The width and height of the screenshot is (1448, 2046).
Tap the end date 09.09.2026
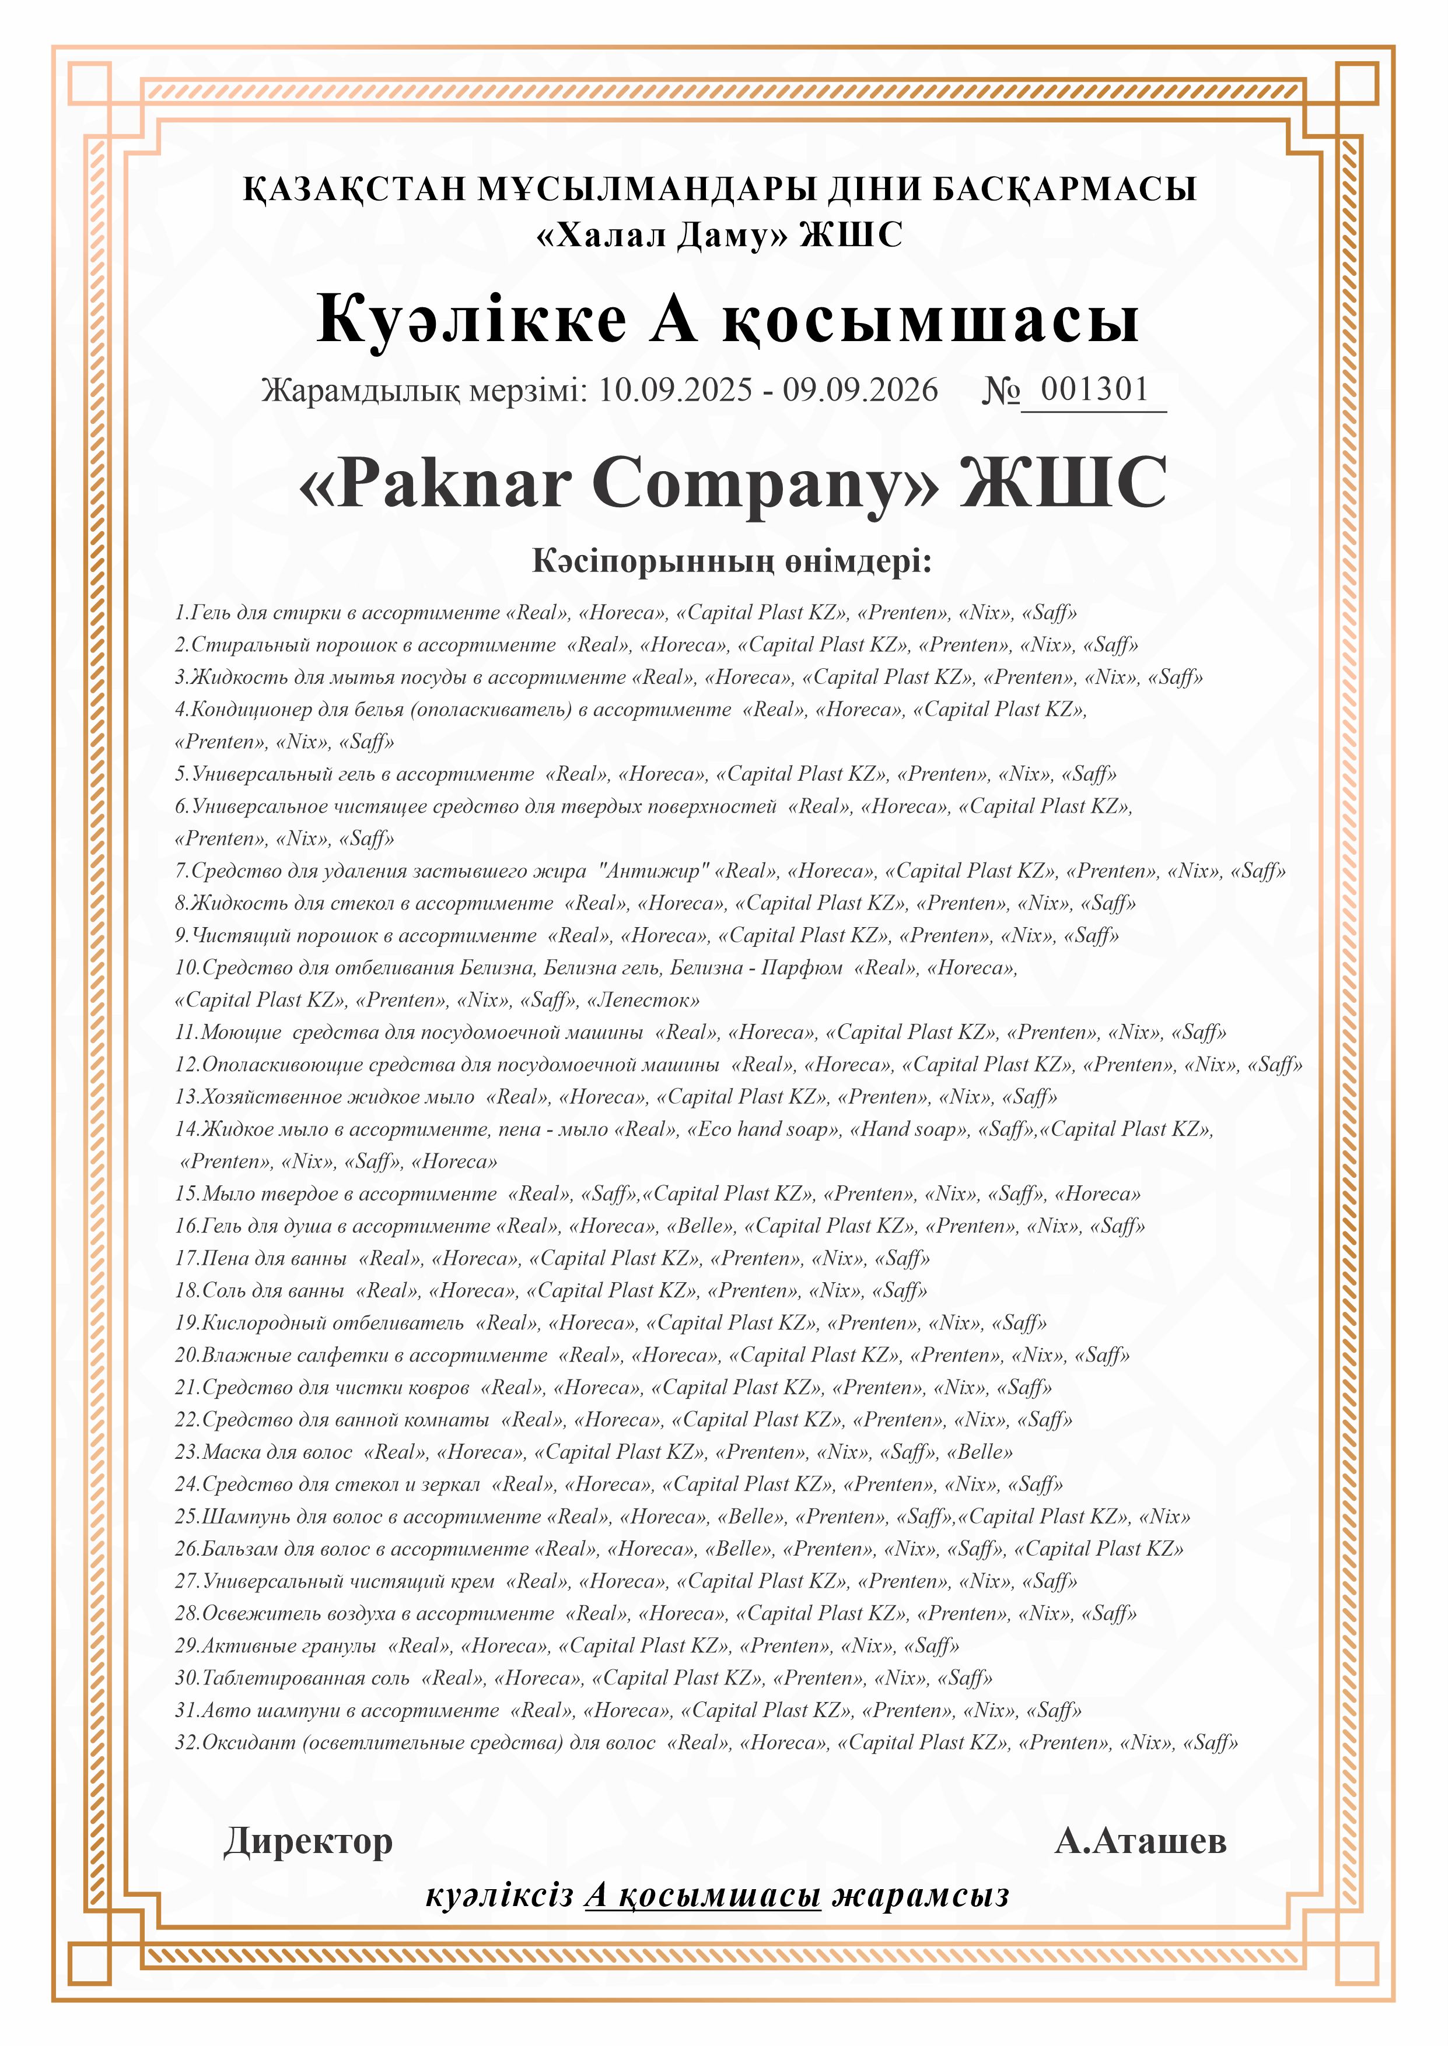tap(861, 390)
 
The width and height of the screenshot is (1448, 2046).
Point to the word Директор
tap(307, 1841)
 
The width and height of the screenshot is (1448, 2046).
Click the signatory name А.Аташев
tap(1139, 1841)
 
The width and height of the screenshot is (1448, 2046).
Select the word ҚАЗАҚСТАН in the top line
tap(355, 190)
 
